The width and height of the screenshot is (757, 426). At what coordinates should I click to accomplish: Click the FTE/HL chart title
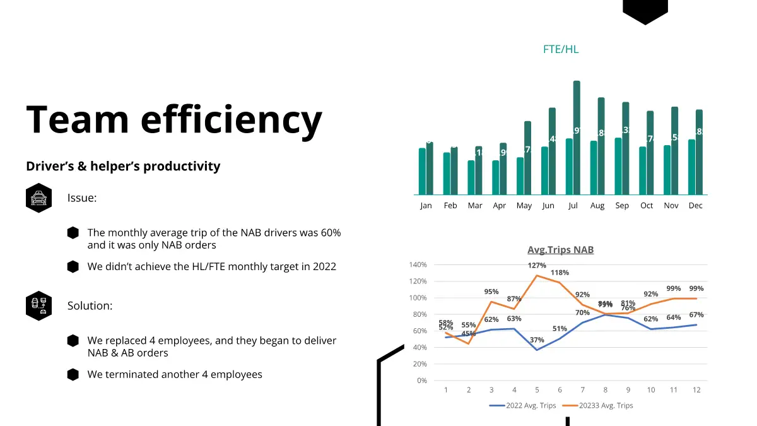tap(560, 49)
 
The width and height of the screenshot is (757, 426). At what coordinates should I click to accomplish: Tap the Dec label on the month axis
tap(695, 206)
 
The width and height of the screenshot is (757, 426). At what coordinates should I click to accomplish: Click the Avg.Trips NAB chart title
tap(560, 250)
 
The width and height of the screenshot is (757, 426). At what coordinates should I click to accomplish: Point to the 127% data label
tap(537, 266)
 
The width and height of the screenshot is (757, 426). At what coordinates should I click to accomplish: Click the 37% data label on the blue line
tap(537, 340)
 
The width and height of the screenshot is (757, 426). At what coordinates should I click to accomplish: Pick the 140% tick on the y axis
tap(418, 265)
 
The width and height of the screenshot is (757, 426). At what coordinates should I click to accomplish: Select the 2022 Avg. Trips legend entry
tap(523, 406)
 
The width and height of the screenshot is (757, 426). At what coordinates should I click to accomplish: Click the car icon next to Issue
tap(39, 198)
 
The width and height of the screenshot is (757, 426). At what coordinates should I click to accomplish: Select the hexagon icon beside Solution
tap(39, 306)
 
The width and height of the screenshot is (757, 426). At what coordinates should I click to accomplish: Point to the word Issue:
tap(82, 198)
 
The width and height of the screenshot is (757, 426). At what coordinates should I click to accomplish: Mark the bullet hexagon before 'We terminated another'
tap(73, 374)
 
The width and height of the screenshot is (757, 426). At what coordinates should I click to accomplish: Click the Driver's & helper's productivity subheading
tap(123, 167)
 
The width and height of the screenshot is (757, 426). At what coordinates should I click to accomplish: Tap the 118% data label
tap(560, 273)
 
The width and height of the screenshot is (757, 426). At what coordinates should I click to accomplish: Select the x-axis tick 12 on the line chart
tap(696, 390)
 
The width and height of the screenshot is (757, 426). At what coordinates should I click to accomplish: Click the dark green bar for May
tap(528, 158)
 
